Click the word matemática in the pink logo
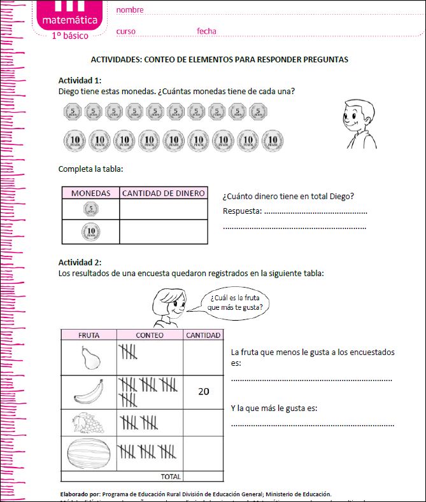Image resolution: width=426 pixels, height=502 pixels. pos(70,21)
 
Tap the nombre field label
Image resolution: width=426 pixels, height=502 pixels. pos(129,10)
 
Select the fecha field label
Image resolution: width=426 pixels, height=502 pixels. pos(206,31)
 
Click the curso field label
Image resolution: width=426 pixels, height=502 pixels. pos(125,31)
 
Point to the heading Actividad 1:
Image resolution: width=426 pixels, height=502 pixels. pos(80,80)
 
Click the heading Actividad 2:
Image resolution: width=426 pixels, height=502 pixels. pos(80,262)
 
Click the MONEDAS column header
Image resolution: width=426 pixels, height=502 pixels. pos(90,193)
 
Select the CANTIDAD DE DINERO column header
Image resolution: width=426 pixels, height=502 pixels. pos(164,193)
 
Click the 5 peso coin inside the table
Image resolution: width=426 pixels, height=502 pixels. pos(91,209)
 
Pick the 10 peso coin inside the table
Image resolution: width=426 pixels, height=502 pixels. pos(91,232)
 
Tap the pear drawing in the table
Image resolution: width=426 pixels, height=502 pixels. pos(91,358)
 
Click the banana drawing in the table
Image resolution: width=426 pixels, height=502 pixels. pos(90,392)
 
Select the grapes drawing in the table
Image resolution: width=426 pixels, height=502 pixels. pos(88,423)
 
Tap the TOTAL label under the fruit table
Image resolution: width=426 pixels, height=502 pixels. pos(171,476)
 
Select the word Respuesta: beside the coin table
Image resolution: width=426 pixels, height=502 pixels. pos(242,211)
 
